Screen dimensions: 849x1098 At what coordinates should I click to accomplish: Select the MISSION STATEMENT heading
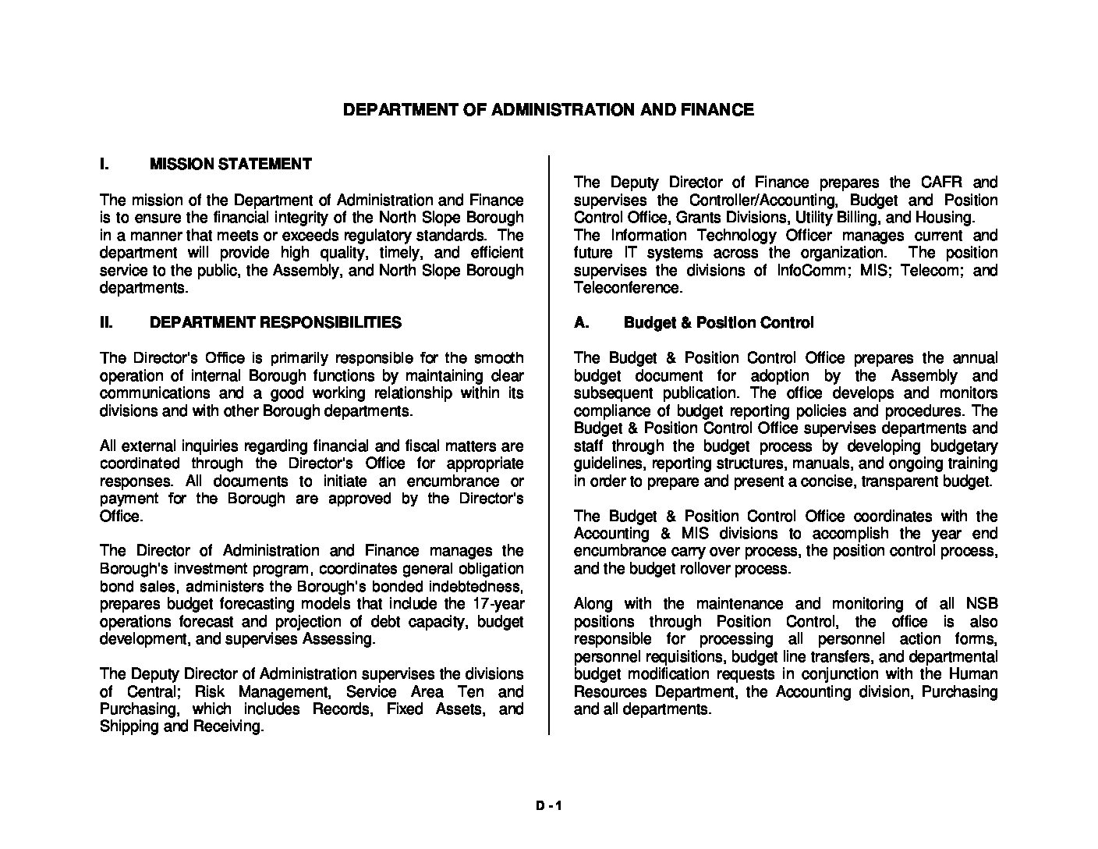click(230, 164)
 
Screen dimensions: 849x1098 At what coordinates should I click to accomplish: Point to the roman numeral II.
click(107, 322)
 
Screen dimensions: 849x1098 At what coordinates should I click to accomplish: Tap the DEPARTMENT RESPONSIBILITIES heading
click(275, 322)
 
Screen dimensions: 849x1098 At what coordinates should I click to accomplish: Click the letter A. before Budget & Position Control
click(581, 322)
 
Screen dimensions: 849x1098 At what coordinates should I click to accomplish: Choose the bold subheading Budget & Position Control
click(718, 322)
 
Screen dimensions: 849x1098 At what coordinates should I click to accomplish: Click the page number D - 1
click(548, 807)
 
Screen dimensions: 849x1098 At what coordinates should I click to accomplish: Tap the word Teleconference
click(627, 288)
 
